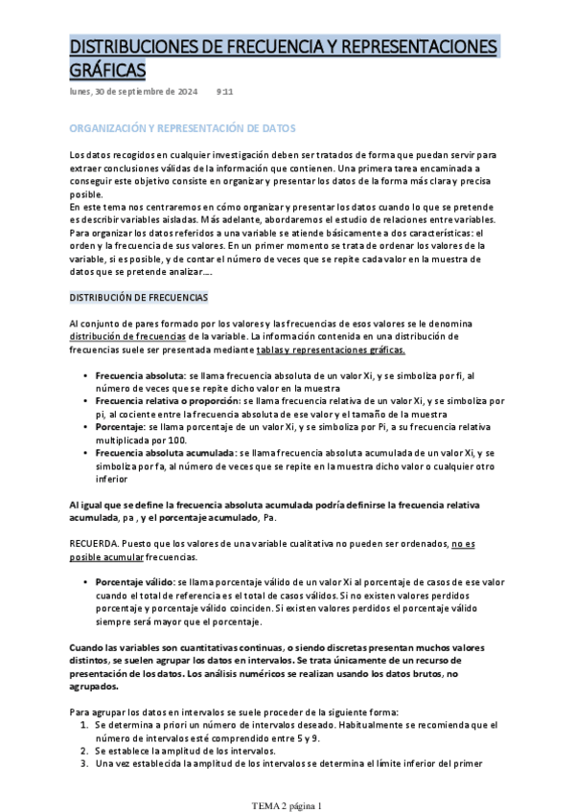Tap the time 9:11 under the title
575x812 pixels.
point(225,92)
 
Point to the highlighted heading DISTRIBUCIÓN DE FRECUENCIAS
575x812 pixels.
point(139,298)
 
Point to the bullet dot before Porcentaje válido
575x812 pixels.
point(86,581)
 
